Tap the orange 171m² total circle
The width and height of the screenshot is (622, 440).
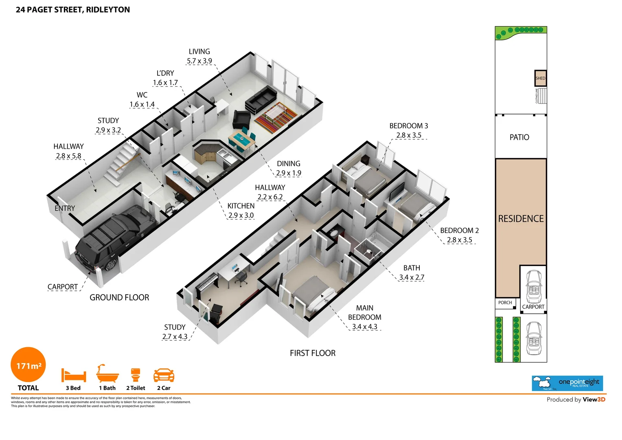click(x=28, y=365)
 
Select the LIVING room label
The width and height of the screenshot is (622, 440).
click(x=199, y=52)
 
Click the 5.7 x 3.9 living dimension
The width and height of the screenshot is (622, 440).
click(x=199, y=61)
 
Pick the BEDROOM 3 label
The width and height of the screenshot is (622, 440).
click(x=408, y=126)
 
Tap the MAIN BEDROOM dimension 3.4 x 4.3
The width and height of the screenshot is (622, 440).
click(x=364, y=327)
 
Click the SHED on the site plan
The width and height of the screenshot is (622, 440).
click(x=540, y=78)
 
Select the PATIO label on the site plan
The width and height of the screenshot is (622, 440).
click(x=519, y=137)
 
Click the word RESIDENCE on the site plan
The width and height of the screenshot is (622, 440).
click(x=521, y=219)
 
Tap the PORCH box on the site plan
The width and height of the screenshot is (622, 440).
click(x=505, y=303)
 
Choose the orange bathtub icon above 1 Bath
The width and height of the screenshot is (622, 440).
click(x=107, y=374)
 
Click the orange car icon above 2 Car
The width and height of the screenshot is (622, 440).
click(x=164, y=375)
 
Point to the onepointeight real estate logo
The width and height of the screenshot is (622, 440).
click(x=567, y=383)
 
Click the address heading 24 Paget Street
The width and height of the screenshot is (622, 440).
click(x=73, y=10)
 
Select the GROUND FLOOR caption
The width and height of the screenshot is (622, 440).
click(x=119, y=297)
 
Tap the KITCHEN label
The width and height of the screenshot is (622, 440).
click(x=241, y=206)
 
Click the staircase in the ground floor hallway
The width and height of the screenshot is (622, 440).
click(x=121, y=163)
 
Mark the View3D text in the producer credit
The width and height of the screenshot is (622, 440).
click(x=594, y=400)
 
